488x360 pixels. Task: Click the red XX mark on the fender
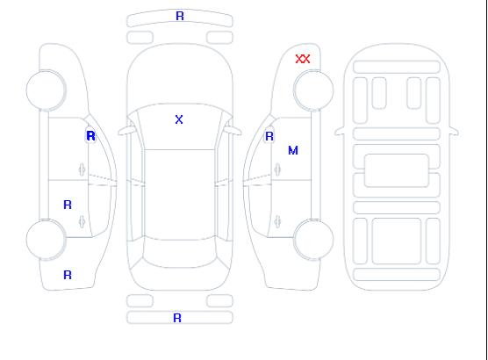303,59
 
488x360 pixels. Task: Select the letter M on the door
293,150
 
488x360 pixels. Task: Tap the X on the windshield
179,119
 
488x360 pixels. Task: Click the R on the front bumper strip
180,16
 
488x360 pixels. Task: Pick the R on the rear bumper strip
177,318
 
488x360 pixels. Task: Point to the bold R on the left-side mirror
90,136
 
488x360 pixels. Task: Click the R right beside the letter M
269,136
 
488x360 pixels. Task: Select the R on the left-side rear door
68,205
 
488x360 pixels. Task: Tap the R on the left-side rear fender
68,275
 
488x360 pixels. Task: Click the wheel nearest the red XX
313,90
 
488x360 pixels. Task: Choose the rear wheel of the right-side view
313,239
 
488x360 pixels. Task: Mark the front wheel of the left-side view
46,90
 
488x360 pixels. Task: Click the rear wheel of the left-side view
46,239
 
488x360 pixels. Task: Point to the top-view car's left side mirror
126,131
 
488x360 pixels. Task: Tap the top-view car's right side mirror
233,131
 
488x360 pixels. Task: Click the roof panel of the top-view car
180,195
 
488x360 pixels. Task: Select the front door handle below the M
277,169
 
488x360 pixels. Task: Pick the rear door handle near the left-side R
82,221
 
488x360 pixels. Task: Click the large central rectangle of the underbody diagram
397,170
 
